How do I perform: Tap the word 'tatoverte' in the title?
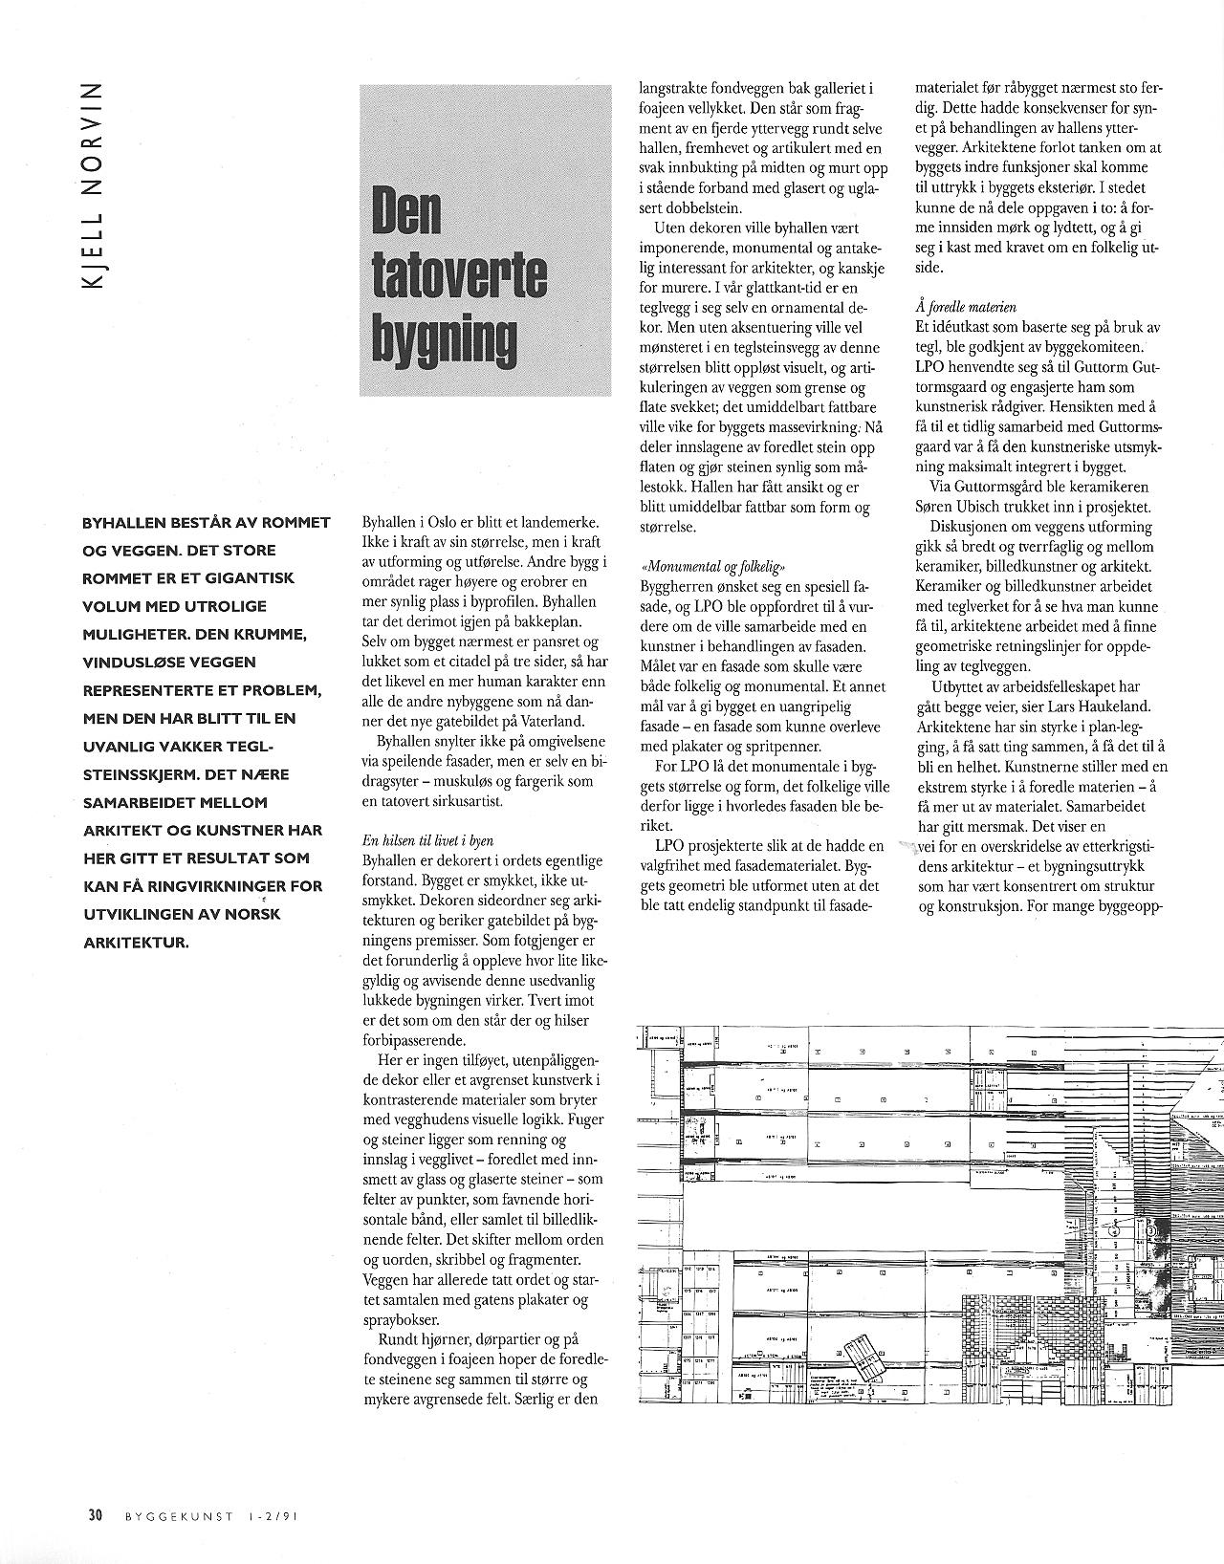[x=458, y=275]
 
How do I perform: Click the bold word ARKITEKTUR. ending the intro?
[x=136, y=942]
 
